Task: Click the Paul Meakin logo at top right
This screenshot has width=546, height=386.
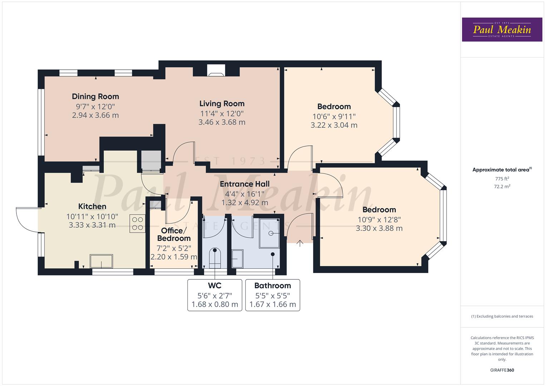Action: tap(502, 30)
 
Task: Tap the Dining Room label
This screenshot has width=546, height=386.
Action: tap(95, 96)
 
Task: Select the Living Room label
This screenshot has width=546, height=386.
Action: tap(222, 104)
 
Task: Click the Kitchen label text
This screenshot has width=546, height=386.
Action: tap(92, 207)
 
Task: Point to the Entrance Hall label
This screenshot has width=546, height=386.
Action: tap(245, 184)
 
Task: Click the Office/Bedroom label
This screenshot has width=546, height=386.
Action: tap(174, 234)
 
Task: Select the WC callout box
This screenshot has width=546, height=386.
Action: tap(215, 295)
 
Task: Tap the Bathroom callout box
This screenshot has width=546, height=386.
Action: tap(272, 295)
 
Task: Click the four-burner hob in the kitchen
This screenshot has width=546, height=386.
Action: tap(137, 224)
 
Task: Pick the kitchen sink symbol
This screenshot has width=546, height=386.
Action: tap(102, 261)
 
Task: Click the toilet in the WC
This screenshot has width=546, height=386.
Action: tap(215, 257)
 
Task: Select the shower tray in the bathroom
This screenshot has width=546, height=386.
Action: tap(269, 232)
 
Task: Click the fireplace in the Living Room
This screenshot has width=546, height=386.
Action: tap(216, 71)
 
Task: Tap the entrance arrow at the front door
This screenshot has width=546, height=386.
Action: tap(300, 243)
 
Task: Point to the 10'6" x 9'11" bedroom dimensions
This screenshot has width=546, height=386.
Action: tap(334, 117)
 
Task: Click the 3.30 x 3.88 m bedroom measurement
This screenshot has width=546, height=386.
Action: tap(379, 228)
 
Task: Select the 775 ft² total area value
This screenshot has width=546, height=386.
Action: tap(502, 179)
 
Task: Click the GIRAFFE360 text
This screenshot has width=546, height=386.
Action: tap(502, 370)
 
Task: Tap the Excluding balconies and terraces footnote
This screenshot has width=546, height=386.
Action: tap(502, 316)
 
